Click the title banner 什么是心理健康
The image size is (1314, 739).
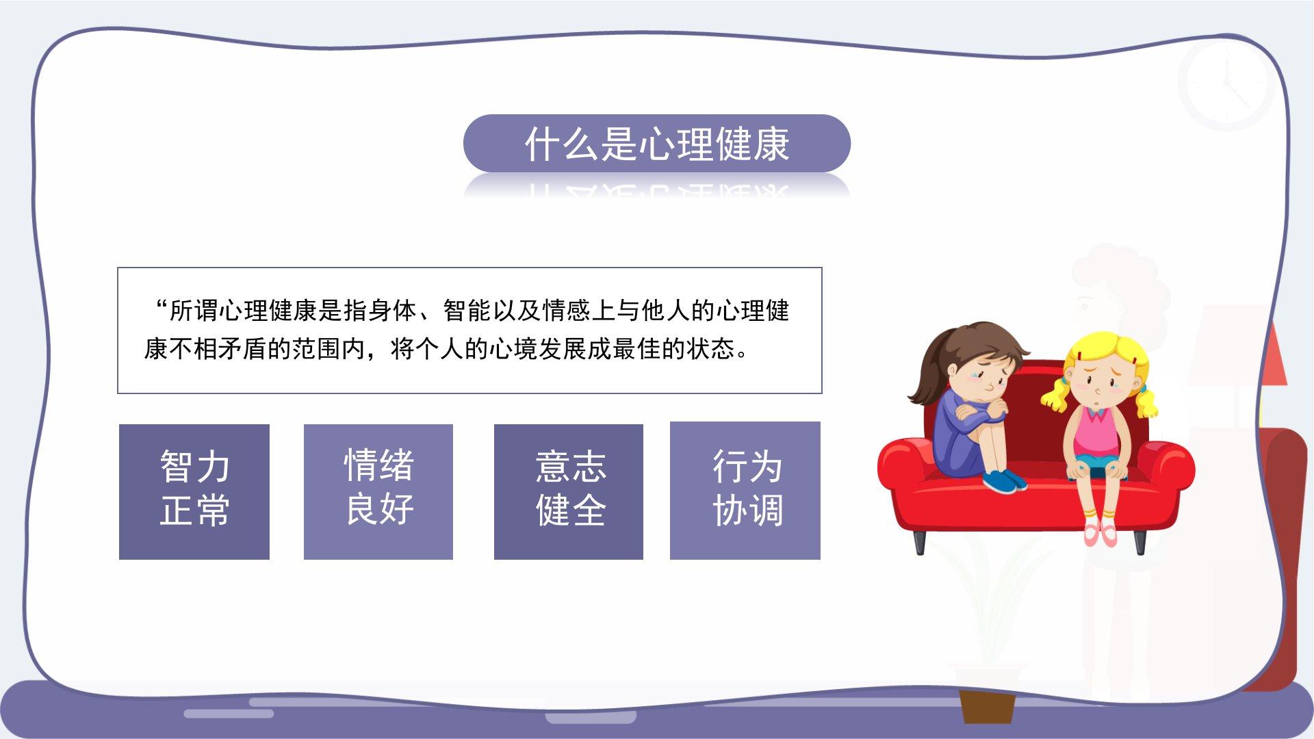coord(657,143)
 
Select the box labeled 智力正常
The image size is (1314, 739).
coord(194,491)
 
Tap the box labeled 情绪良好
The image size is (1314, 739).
coord(378,491)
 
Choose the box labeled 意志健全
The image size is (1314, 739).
coord(569,491)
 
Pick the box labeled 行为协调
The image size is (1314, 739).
coord(745,491)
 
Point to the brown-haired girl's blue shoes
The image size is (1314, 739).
coord(1004,480)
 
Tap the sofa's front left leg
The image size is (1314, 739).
coord(920,540)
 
